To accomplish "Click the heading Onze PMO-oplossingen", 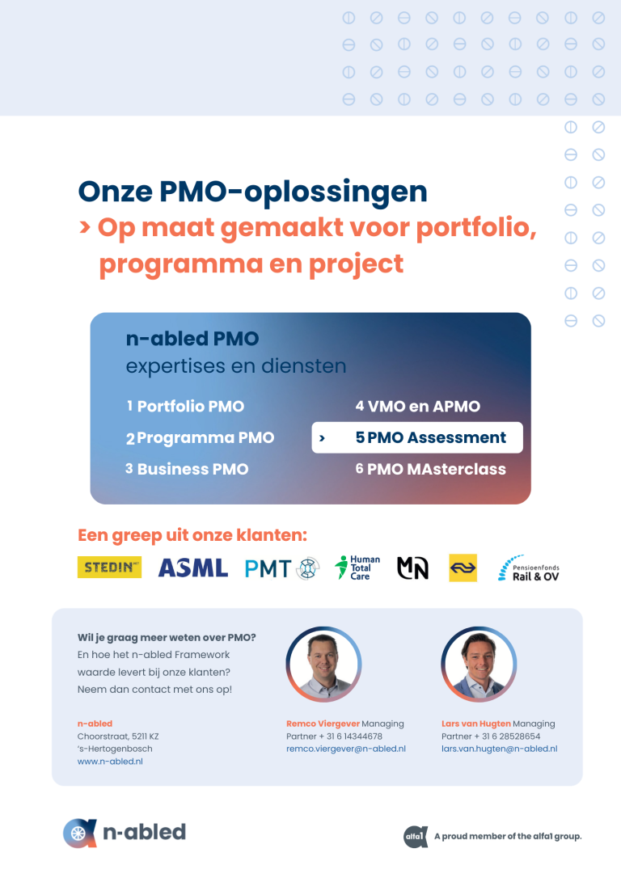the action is (x=252, y=192).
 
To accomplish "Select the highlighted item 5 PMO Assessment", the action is (x=417, y=437).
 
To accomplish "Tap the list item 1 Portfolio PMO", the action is (x=185, y=406).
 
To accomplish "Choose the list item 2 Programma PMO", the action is (x=200, y=438).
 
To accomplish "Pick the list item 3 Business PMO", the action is (x=187, y=469).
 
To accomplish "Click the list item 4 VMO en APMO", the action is (x=418, y=406).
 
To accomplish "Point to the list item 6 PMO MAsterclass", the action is (x=431, y=469).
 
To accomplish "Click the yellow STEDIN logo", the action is (x=109, y=568).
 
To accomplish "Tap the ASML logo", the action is (x=193, y=568).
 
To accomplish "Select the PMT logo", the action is (x=282, y=568).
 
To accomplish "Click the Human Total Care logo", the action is (x=357, y=568).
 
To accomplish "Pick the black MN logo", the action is (x=412, y=568).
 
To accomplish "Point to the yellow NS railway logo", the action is (x=463, y=568).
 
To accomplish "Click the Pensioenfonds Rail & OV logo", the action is (x=529, y=568).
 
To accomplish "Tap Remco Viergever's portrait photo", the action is (x=323, y=664).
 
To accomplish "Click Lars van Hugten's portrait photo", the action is (x=479, y=664).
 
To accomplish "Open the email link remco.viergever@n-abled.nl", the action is (x=346, y=749).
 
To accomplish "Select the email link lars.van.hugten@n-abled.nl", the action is (x=500, y=749).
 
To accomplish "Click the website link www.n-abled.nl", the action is (x=110, y=762).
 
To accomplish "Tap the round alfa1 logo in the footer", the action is (x=416, y=837).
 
